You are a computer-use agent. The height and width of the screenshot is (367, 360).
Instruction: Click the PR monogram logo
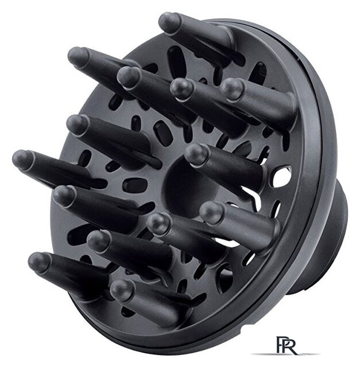(287, 345)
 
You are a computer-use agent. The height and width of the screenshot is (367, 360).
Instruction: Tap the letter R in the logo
(291, 348)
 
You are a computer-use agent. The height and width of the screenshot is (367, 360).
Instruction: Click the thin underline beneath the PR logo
(285, 354)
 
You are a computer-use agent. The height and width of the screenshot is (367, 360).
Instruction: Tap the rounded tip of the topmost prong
(169, 23)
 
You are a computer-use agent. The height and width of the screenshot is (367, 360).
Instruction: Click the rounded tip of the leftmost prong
(23, 161)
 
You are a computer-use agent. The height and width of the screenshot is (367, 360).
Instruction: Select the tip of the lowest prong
(122, 290)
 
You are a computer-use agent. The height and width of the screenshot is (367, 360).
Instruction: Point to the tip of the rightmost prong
(233, 89)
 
